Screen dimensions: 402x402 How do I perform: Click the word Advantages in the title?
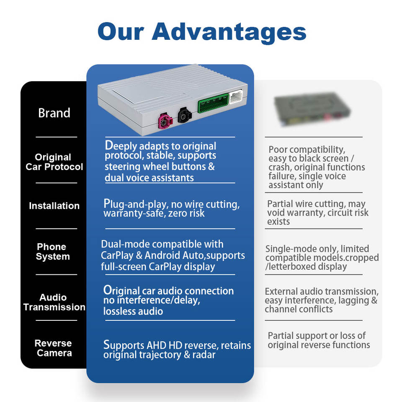coord(229,32)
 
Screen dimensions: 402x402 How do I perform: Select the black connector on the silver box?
coord(184,116)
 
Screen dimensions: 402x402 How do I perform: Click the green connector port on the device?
coord(213,103)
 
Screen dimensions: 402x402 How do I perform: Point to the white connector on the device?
coord(236,96)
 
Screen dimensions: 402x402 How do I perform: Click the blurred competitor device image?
coord(312,109)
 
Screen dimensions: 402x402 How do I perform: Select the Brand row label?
coord(54,113)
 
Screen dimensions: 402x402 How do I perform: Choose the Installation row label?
coord(54,206)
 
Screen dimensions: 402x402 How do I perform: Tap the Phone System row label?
coord(53,252)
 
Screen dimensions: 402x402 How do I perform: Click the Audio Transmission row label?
coord(54,302)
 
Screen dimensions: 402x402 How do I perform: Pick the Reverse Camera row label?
coord(54,348)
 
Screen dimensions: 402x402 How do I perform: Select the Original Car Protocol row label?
coord(54,162)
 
